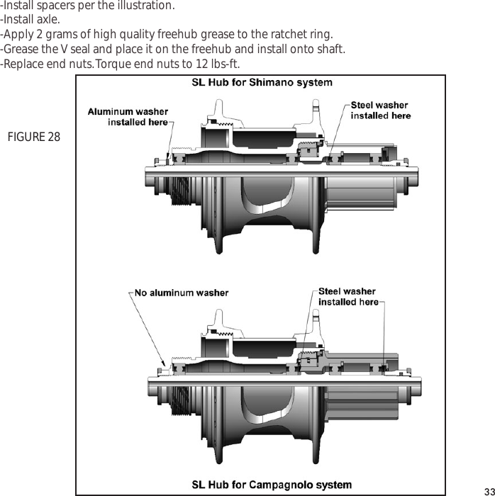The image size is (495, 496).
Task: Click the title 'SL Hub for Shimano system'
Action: [x=262, y=83]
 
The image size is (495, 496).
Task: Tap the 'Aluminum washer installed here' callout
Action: [x=128, y=117]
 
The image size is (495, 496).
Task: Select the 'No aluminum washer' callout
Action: [x=182, y=292]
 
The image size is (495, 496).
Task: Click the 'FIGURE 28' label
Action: [x=33, y=136]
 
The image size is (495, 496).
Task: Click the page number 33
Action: [x=487, y=490]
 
